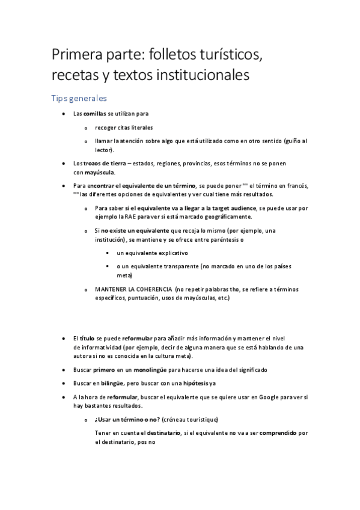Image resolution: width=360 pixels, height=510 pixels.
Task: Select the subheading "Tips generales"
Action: (x=79, y=98)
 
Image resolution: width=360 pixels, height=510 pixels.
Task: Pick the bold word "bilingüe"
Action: (x=110, y=382)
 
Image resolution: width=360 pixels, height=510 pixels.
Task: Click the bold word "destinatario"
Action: (x=163, y=433)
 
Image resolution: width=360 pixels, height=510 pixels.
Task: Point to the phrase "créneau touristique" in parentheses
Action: (x=190, y=419)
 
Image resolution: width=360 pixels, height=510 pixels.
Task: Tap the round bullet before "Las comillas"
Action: (x=64, y=114)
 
